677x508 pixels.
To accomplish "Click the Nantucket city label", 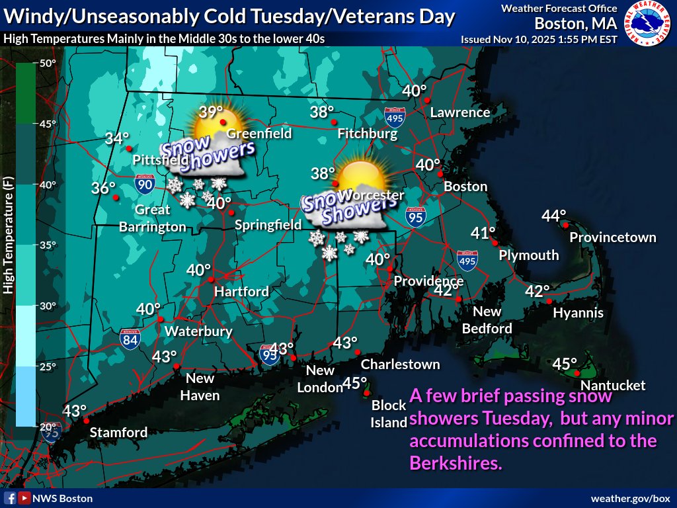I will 613,386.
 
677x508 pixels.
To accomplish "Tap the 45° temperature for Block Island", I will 355,383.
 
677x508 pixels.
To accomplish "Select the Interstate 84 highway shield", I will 130,338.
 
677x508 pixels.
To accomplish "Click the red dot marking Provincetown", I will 567,225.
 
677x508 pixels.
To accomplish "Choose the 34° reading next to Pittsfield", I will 117,139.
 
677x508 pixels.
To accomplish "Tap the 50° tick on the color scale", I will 48,63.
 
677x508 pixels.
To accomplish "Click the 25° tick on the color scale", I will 48,366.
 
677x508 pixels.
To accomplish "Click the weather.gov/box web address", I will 630,498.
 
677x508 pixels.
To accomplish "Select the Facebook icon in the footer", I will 11,498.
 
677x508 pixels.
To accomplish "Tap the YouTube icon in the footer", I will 24,498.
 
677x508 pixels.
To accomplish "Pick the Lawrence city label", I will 460,112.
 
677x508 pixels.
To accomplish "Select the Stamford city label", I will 119,433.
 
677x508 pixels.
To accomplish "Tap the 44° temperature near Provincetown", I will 554,216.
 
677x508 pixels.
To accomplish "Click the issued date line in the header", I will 539,39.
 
